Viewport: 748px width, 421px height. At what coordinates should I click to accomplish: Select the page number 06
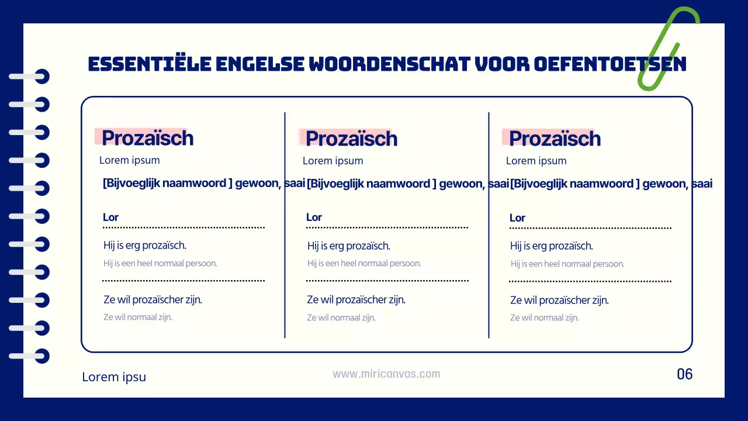(684, 374)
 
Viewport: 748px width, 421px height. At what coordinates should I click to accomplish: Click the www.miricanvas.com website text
(386, 374)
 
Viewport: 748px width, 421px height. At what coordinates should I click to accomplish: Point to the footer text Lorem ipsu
(114, 377)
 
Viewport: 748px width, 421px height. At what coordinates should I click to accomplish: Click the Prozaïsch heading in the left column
(147, 138)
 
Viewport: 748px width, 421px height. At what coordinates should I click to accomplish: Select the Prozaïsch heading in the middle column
(351, 139)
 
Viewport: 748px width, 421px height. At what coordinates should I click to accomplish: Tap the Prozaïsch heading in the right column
(555, 139)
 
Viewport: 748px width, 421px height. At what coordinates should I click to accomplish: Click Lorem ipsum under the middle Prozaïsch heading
(333, 161)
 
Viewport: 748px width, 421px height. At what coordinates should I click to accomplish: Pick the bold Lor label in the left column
(110, 218)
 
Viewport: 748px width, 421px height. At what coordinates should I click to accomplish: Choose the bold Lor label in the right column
(517, 218)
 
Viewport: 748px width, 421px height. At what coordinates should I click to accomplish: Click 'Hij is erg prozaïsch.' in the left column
(145, 246)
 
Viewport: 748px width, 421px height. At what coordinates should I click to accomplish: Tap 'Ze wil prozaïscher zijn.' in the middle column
(356, 300)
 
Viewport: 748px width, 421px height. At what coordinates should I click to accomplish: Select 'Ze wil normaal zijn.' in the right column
(544, 318)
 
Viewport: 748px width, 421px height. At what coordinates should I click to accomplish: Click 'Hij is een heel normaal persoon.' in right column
(567, 264)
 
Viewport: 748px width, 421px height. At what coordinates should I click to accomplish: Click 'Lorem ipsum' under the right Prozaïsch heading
(536, 161)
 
